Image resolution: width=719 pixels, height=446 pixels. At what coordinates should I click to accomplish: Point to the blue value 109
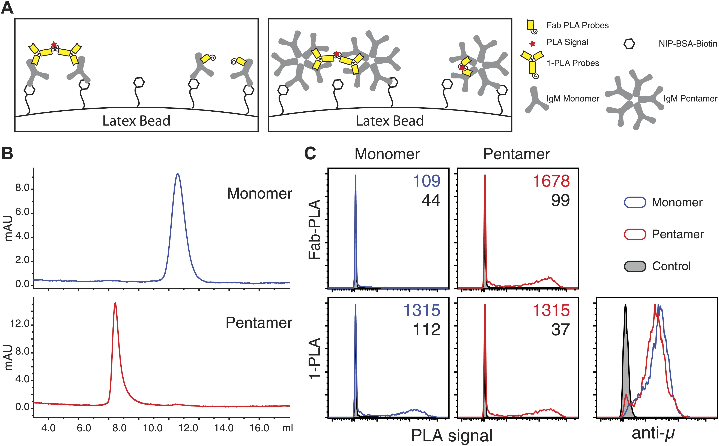(x=426, y=181)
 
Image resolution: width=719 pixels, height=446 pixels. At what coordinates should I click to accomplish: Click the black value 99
(x=560, y=200)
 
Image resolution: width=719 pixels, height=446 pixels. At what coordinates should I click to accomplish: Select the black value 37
(x=560, y=329)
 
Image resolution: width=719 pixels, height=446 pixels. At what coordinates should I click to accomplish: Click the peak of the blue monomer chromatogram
(x=178, y=174)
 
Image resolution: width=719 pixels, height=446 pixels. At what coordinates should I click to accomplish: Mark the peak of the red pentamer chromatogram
(x=115, y=303)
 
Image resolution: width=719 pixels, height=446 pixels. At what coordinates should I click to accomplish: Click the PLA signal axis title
(x=452, y=435)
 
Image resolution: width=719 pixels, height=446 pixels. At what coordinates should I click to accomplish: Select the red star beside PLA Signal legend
(x=532, y=44)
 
